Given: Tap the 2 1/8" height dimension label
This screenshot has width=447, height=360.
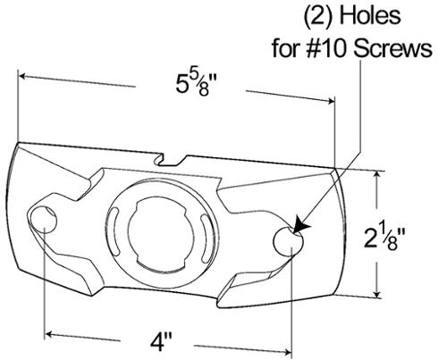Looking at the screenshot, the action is click(384, 238).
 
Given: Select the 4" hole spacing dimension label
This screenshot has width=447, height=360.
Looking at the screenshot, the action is click(161, 343).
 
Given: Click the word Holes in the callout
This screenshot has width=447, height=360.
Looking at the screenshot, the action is click(370, 16).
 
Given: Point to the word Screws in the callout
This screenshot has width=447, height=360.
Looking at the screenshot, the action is click(392, 48).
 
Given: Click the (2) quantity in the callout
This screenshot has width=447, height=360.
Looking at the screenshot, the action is click(318, 17).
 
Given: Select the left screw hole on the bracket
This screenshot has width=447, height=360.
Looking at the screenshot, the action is click(43, 219).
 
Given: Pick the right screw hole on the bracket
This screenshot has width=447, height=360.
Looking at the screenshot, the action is click(288, 241).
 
